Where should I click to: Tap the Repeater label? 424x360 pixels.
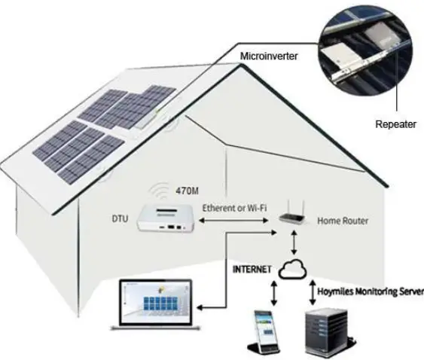395,124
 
